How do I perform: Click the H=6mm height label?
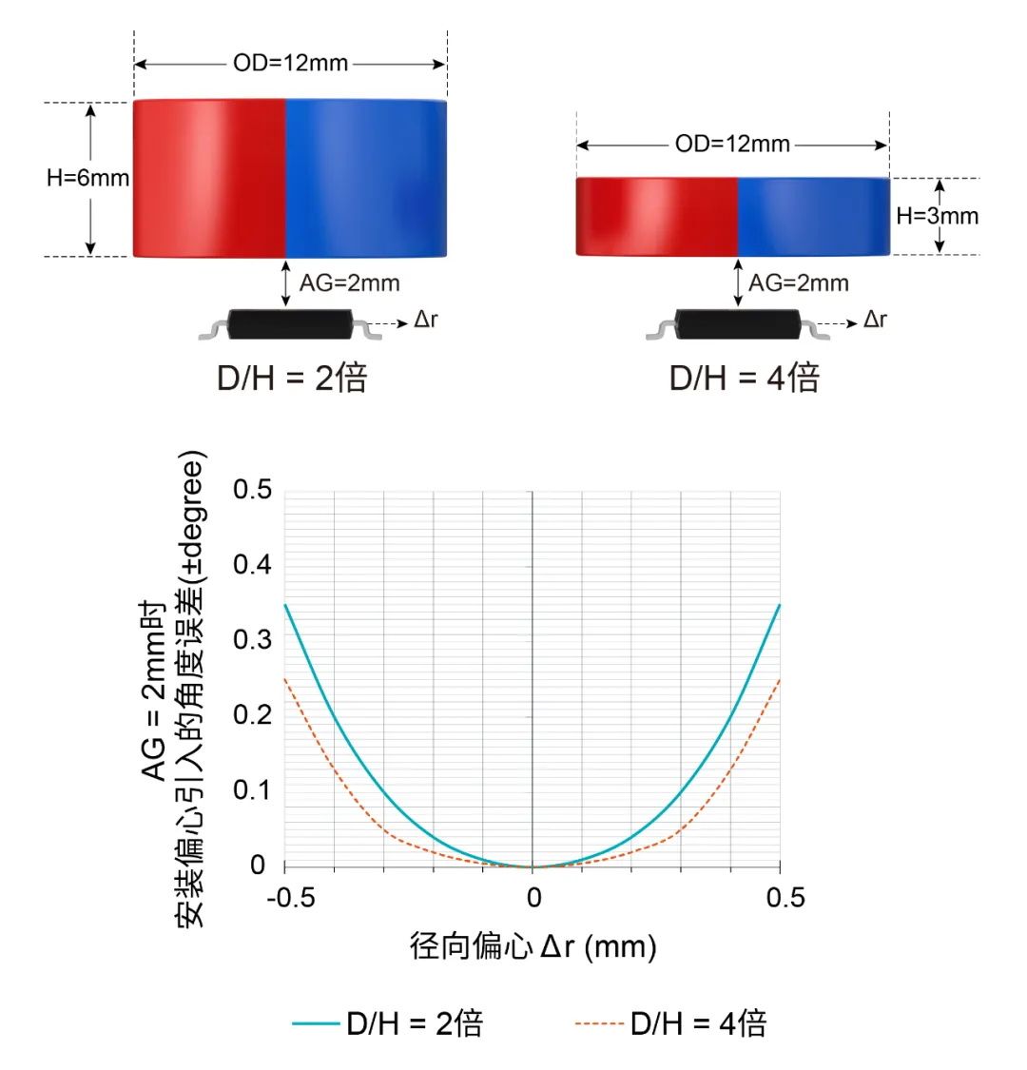87,178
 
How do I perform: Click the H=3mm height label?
937,216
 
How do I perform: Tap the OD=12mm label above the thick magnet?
290,64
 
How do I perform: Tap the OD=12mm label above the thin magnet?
732,145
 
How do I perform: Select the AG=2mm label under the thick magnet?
349,283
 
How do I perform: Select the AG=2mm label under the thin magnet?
798,283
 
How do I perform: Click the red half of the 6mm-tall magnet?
209,178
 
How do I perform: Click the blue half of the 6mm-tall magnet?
366,178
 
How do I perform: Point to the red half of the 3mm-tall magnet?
656,216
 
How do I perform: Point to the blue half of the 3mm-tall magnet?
814,216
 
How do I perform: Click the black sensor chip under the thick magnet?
290,324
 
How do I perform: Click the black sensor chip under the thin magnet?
738,324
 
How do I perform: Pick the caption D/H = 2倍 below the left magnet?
292,378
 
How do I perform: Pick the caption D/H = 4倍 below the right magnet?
744,378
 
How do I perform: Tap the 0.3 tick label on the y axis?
252,639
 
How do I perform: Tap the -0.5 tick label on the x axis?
291,898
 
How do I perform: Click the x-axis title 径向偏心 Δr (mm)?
533,946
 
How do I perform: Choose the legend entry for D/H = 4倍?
671,1023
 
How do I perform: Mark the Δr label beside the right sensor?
875,320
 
